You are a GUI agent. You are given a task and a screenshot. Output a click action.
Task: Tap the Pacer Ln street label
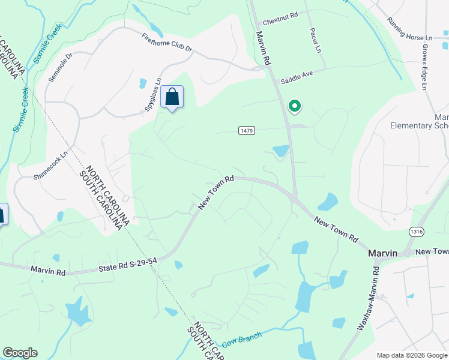point(313,38)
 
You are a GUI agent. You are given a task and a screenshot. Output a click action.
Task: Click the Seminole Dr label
point(60,67)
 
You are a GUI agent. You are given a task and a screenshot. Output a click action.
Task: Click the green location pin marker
point(294,107)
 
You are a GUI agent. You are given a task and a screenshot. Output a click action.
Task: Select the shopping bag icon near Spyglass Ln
point(172,97)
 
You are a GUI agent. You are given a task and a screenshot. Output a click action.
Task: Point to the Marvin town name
point(382,253)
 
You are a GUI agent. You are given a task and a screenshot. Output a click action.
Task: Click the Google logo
point(20,353)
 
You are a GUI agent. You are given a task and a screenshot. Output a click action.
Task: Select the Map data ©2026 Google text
point(411,355)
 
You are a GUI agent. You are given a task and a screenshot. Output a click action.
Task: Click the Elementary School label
point(420,125)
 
